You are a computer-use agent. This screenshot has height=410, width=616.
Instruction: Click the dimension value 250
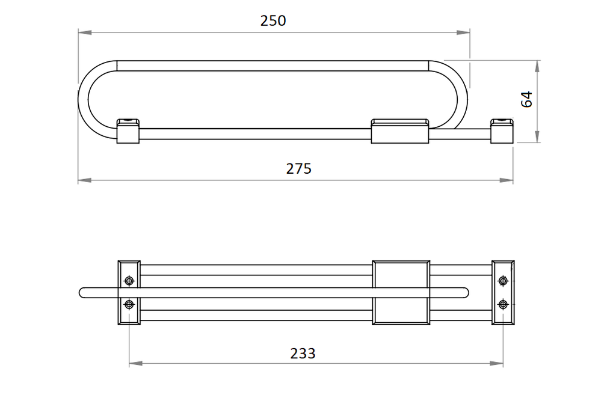click(x=273, y=21)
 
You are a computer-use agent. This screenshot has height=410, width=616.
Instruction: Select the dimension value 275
click(x=298, y=169)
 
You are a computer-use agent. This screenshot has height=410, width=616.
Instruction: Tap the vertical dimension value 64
click(x=526, y=99)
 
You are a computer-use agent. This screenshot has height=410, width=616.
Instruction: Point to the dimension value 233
click(x=303, y=353)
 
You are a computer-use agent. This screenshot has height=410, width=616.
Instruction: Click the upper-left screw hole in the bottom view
click(x=129, y=281)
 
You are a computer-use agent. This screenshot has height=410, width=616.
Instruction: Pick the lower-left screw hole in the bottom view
click(x=129, y=304)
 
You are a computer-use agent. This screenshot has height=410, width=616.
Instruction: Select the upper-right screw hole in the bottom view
click(x=503, y=281)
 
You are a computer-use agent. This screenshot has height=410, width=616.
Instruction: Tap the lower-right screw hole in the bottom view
click(x=503, y=304)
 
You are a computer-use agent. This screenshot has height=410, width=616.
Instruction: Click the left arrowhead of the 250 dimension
click(x=85, y=32)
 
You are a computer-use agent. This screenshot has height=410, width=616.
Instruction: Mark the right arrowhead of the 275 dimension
click(x=506, y=180)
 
